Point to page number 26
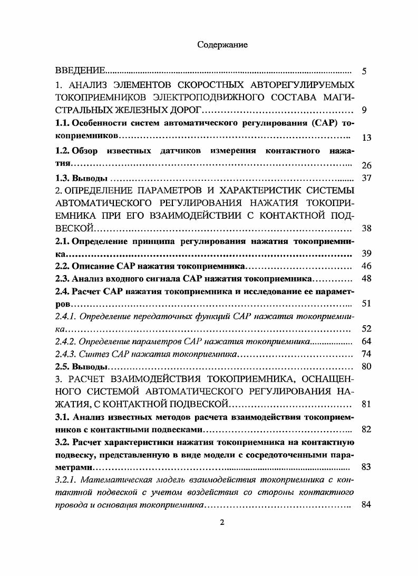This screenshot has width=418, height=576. pos(367,165)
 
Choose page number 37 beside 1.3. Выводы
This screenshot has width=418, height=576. pos(367,178)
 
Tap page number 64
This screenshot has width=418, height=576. pos(367,342)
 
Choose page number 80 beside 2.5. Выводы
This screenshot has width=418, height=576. pos(367,367)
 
